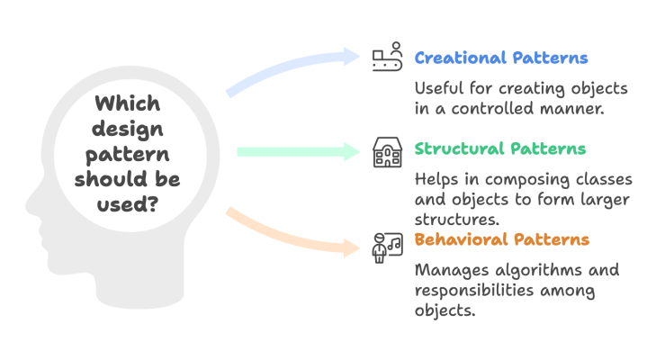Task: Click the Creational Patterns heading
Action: click(x=500, y=58)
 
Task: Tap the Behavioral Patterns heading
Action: click(x=501, y=239)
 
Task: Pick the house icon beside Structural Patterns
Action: click(x=386, y=152)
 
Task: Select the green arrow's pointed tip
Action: click(x=359, y=152)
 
